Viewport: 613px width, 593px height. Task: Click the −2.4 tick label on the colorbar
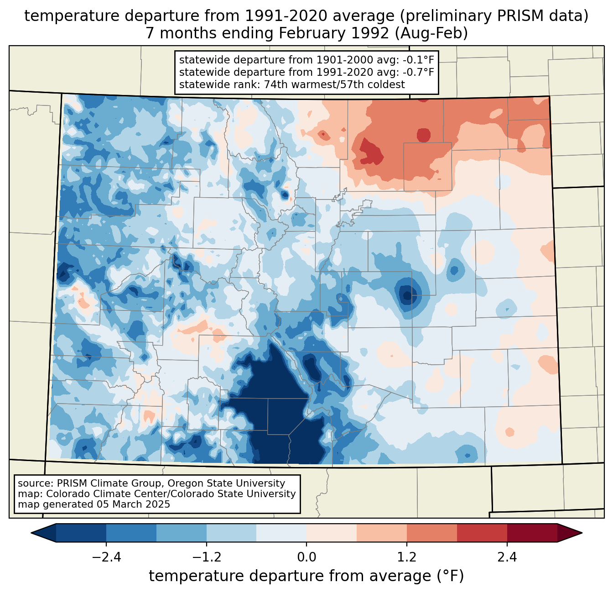click(106, 557)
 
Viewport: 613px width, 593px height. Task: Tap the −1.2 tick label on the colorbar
click(207, 557)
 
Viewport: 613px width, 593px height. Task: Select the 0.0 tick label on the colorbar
click(306, 557)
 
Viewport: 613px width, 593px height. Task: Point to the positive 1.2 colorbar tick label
click(407, 557)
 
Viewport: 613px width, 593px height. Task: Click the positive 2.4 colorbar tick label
click(507, 557)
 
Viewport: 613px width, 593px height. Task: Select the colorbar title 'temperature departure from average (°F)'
click(306, 576)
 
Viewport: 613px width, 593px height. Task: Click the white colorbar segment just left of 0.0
click(281, 533)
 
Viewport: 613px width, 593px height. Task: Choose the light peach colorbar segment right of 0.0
click(332, 533)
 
